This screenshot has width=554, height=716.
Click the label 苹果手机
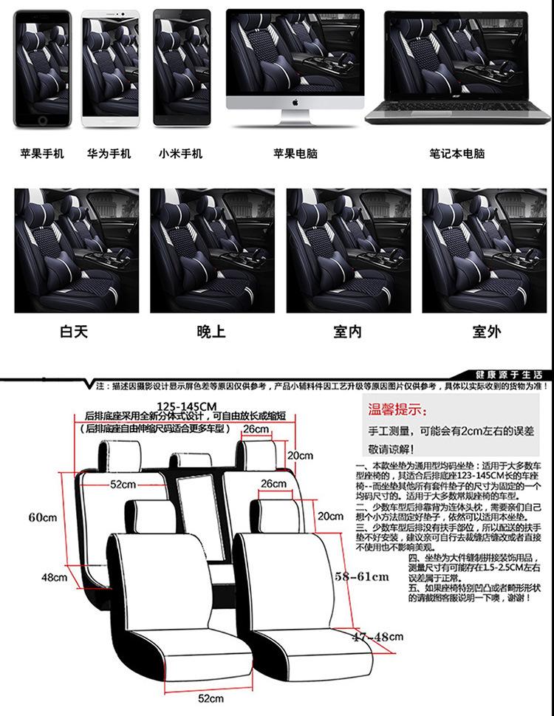42,154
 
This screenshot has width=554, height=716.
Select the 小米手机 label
180,154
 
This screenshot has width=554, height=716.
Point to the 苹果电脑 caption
295,154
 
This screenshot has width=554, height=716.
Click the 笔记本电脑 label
457,154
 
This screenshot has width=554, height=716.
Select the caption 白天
74,332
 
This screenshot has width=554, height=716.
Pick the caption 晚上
211,332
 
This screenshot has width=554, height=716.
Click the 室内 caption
347,332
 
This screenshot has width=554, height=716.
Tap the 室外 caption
485,332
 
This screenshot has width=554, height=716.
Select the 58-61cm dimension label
362,576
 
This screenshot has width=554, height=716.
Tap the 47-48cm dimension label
376,636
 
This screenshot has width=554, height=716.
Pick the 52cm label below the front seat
211,698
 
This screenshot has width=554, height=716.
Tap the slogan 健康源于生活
509,375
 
